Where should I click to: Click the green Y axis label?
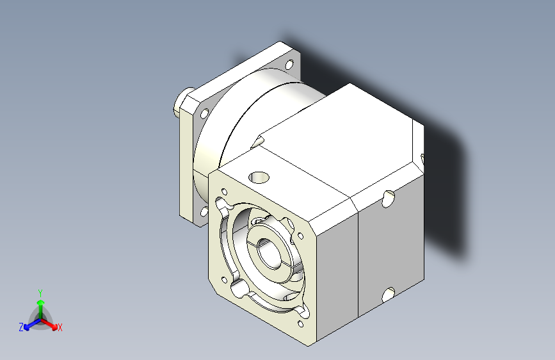click(x=40, y=293)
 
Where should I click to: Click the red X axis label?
click(x=60, y=327)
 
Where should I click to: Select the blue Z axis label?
click(x=21, y=327)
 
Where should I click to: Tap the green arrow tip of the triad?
click(x=41, y=302)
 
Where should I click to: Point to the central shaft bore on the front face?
click(x=268, y=253)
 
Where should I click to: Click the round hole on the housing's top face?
click(x=259, y=177)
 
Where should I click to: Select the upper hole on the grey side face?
click(x=389, y=199)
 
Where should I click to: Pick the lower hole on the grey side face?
click(x=389, y=295)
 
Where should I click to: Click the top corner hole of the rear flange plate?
click(x=289, y=65)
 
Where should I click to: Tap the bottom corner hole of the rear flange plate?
click(x=204, y=211)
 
